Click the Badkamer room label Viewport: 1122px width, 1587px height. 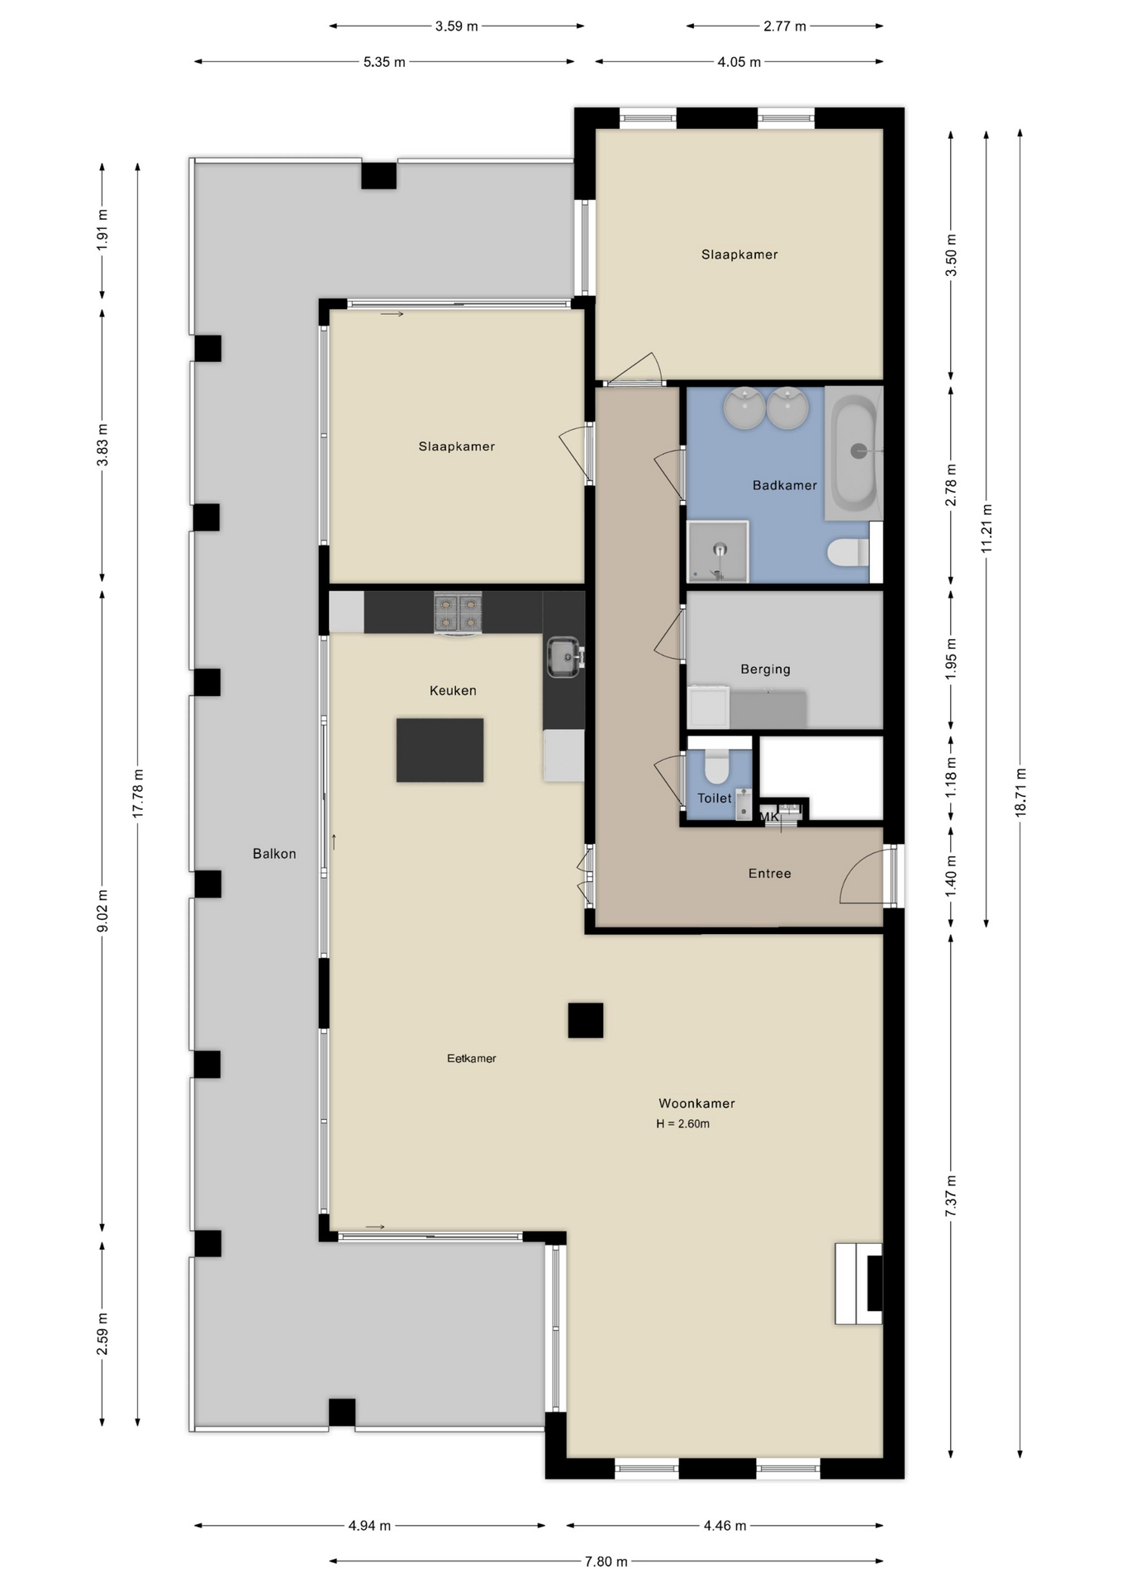point(784,485)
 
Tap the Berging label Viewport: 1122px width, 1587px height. point(765,669)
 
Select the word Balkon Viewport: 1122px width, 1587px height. point(274,854)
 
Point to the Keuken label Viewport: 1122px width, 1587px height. point(453,690)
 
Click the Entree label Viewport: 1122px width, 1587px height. point(770,873)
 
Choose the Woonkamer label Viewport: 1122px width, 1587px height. point(696,1103)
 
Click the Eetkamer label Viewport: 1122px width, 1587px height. point(472,1058)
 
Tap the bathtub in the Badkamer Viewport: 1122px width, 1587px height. point(854,453)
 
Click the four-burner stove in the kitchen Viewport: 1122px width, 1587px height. point(459,612)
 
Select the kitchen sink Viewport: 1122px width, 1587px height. point(565,656)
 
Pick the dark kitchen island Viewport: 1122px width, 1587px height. point(440,750)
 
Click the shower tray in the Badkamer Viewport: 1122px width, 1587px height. point(718,551)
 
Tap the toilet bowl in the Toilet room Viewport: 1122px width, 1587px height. point(716,766)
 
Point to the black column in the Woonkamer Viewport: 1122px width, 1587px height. point(586,1020)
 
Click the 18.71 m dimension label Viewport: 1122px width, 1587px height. point(1020,793)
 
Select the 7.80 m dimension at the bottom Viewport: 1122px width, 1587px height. point(606,1561)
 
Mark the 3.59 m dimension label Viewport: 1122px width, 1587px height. point(457,26)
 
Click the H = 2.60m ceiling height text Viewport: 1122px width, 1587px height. point(683,1123)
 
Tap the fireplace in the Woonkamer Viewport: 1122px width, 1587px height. point(858,1284)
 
